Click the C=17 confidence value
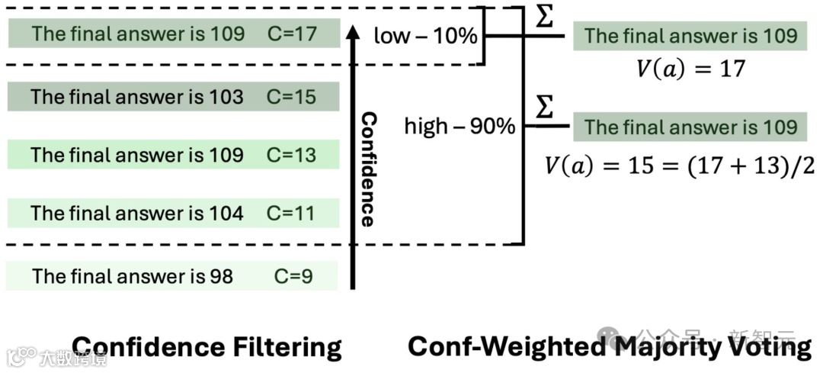click(x=291, y=34)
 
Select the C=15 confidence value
click(x=291, y=97)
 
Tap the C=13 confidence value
click(x=291, y=155)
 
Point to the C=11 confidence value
click(x=290, y=213)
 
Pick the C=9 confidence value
click(x=293, y=275)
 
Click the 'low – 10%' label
click(x=424, y=35)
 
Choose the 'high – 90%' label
click(x=460, y=126)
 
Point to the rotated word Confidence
click(x=368, y=169)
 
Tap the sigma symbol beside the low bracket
click(x=544, y=17)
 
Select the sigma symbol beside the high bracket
click(x=544, y=108)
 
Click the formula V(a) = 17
click(x=690, y=69)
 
